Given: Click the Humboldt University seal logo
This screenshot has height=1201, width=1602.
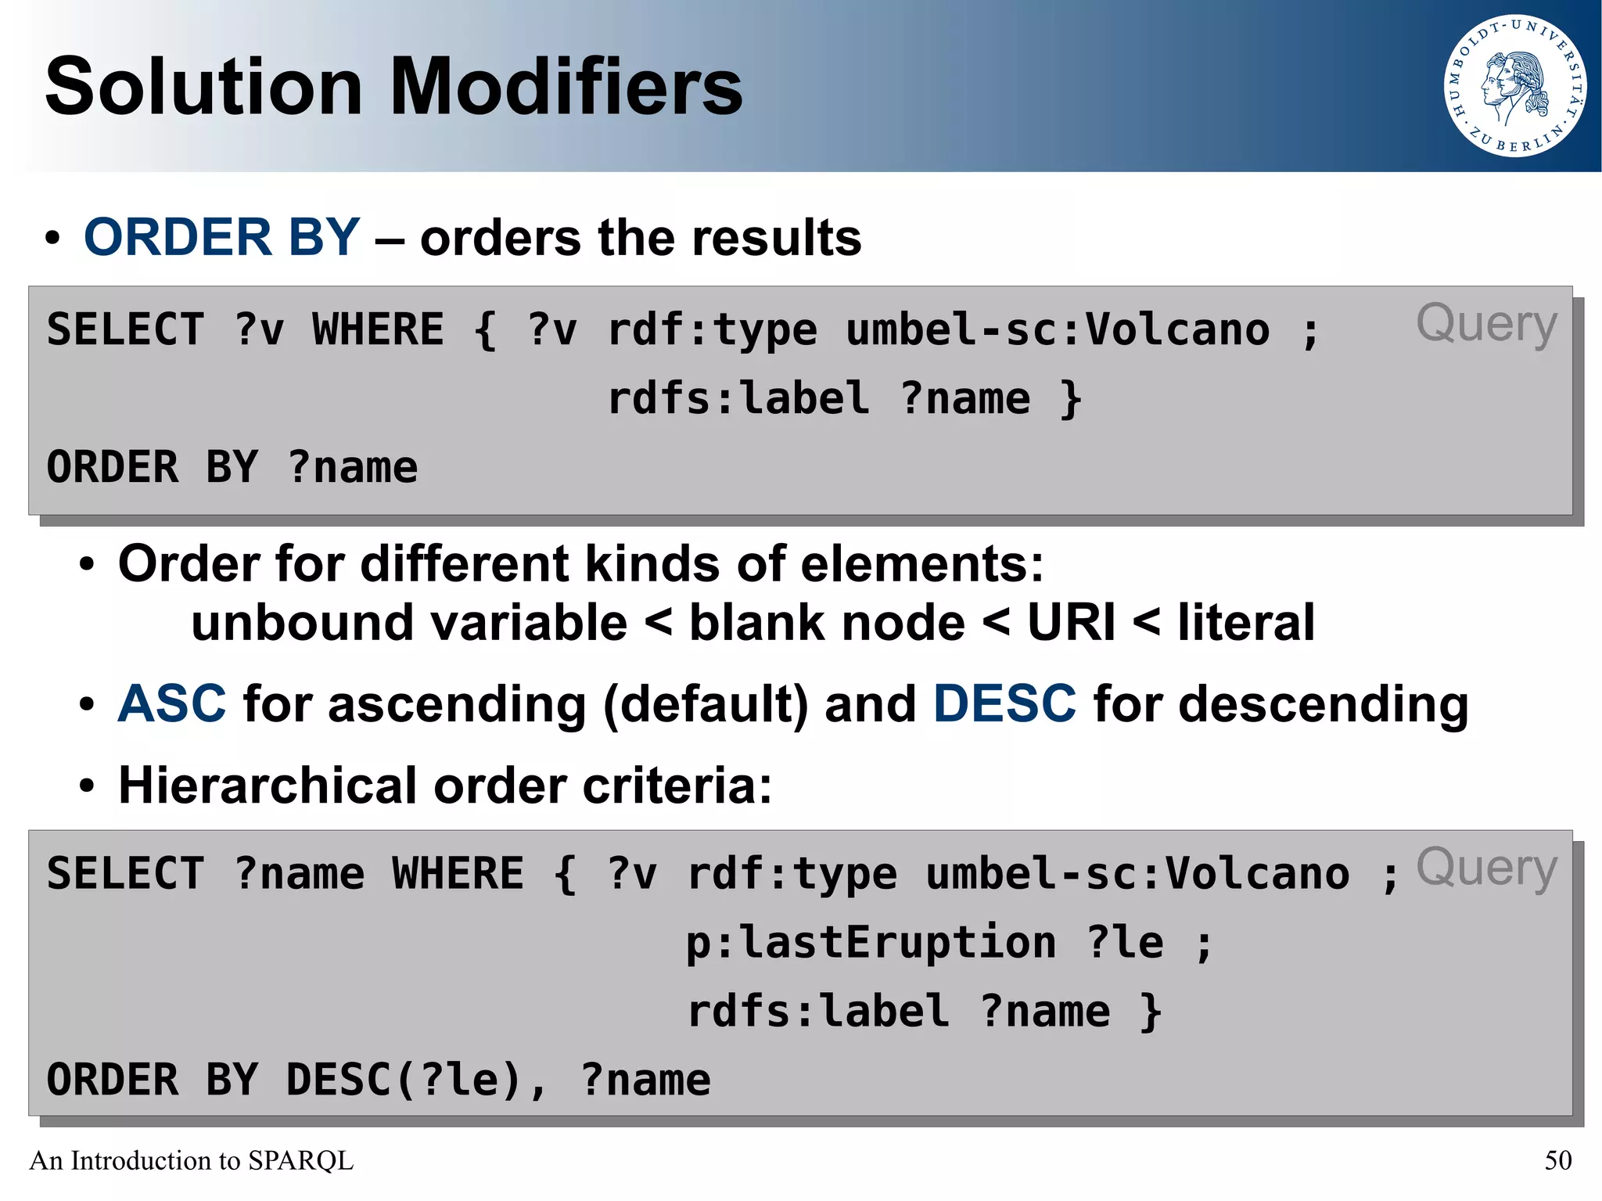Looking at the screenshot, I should pyautogui.click(x=1514, y=86).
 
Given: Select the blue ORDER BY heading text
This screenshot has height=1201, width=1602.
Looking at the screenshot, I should pyautogui.click(x=221, y=237).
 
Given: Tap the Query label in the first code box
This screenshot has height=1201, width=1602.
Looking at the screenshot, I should pyautogui.click(x=1486, y=324).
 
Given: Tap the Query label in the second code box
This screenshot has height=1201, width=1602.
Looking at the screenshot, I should pyautogui.click(x=1486, y=868).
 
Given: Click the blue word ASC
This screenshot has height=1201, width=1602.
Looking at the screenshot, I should pyautogui.click(x=172, y=703).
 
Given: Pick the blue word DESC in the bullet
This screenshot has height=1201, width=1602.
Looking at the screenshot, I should pyautogui.click(x=1004, y=703).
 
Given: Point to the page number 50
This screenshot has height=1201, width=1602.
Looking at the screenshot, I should pyautogui.click(x=1557, y=1160).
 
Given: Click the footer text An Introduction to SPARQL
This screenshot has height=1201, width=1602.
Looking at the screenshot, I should pyautogui.click(x=192, y=1160).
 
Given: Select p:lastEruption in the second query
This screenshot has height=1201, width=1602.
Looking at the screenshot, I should pyautogui.click(x=871, y=942).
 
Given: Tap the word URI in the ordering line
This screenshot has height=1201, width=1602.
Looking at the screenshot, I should pyautogui.click(x=1071, y=623).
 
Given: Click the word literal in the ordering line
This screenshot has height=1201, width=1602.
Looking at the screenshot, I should pyautogui.click(x=1246, y=623).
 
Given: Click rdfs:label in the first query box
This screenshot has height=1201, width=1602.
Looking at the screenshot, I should pyautogui.click(x=738, y=398).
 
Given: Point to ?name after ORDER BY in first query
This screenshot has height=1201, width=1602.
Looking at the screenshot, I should pyautogui.click(x=353, y=468).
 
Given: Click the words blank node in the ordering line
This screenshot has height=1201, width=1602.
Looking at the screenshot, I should pyautogui.click(x=827, y=623).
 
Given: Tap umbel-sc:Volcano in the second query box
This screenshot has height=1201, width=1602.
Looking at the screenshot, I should pyautogui.click(x=1137, y=874).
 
